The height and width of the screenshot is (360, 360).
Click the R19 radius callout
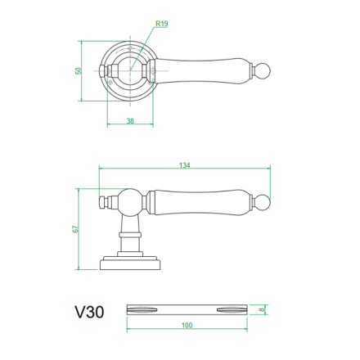click(162, 24)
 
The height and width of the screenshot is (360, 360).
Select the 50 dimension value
click(79, 71)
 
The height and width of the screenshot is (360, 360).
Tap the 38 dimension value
click(130, 120)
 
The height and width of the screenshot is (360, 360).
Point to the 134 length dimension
click(185, 165)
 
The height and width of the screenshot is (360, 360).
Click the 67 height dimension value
click(75, 229)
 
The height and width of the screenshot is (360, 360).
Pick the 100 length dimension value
click(187, 325)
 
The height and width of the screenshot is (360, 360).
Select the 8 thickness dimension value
click(262, 310)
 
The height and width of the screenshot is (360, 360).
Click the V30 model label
click(89, 312)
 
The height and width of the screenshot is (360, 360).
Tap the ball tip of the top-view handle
click(263, 71)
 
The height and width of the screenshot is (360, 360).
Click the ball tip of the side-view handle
click(263, 203)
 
